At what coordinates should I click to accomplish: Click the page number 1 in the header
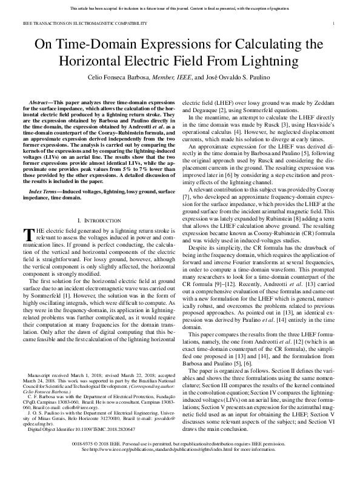point(335,23)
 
